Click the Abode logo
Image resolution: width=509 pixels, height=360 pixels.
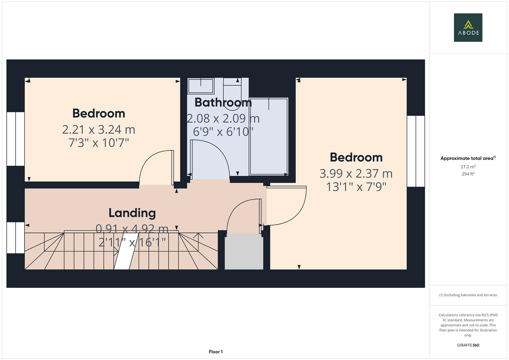[x=468, y=28]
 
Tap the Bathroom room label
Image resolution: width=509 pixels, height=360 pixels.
[x=223, y=102]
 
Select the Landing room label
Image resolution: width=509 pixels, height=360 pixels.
[x=132, y=213]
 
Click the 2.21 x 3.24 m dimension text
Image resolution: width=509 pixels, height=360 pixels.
[x=99, y=130]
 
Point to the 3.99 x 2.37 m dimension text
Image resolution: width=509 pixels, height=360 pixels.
[x=356, y=174]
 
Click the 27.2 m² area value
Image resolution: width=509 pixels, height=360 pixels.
[x=468, y=167]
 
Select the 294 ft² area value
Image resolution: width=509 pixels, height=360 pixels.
[x=468, y=174]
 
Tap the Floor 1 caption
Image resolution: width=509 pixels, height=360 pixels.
[x=216, y=352]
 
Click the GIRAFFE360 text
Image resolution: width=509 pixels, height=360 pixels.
[x=468, y=345]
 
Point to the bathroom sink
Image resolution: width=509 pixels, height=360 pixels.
[x=201, y=86]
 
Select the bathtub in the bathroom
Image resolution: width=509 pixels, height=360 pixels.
[x=269, y=136]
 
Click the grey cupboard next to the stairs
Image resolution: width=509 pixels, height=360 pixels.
[x=244, y=252]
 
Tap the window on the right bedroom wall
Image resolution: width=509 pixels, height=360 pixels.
[x=416, y=151]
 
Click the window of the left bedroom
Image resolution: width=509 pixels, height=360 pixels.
[x=16, y=139]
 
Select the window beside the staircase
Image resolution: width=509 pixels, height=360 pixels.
[x=16, y=238]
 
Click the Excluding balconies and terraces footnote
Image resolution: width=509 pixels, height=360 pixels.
[x=468, y=295]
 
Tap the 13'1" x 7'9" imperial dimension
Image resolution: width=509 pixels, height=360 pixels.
[x=356, y=187]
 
